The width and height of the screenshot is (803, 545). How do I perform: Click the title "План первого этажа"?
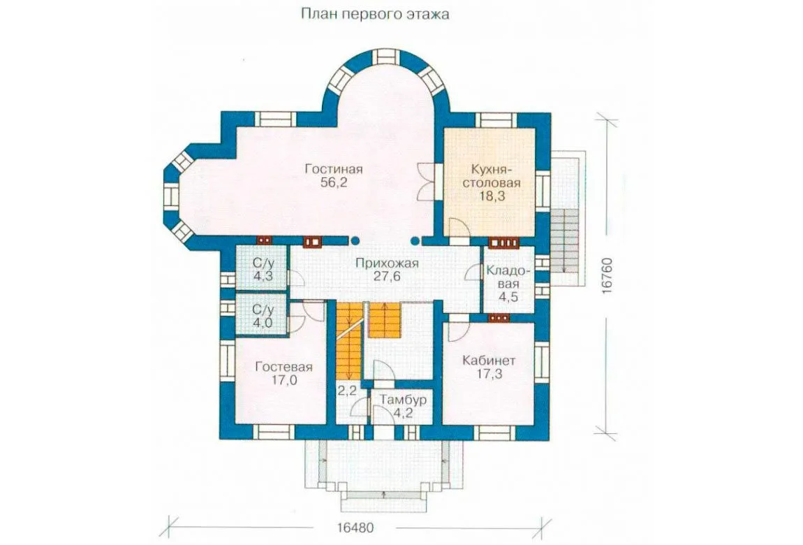[x=375, y=14]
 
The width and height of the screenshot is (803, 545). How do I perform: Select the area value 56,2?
[x=334, y=183]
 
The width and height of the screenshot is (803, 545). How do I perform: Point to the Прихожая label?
[x=387, y=263]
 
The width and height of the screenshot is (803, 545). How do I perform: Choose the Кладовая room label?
[x=508, y=277]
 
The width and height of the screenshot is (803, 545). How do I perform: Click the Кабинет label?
[x=489, y=361]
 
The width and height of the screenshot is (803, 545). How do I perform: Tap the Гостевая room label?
[x=283, y=367]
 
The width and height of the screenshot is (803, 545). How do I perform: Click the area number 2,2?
[x=347, y=391]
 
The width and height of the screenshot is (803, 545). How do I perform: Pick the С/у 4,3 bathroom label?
[x=263, y=270]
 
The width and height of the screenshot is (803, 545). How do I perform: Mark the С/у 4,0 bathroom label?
[x=263, y=316]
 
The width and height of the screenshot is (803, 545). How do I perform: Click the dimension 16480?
[x=355, y=528]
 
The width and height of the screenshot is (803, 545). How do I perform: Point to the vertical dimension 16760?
[x=607, y=275]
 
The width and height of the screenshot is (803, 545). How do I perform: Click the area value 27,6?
[x=387, y=277]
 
